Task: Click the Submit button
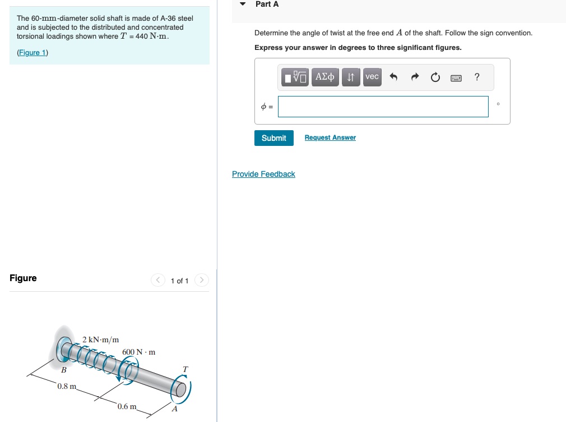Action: click(273, 138)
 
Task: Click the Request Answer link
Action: click(330, 138)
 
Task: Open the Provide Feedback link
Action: click(263, 175)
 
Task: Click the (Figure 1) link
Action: click(33, 53)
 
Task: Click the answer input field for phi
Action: click(383, 107)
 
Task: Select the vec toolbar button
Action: click(372, 77)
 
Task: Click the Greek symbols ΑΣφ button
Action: click(325, 77)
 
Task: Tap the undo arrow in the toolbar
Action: click(393, 77)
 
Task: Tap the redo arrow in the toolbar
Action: click(415, 77)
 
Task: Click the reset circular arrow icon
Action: click(435, 77)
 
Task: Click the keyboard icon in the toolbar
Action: click(456, 78)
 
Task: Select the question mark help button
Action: click(477, 77)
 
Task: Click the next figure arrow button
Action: click(202, 280)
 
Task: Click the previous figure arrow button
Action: click(158, 280)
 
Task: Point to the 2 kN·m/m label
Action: click(101, 340)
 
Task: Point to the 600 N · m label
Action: click(138, 352)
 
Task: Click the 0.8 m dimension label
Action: click(67, 387)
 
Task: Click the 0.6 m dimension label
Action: click(128, 406)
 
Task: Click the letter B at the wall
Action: click(64, 370)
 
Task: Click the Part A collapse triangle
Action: click(243, 4)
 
